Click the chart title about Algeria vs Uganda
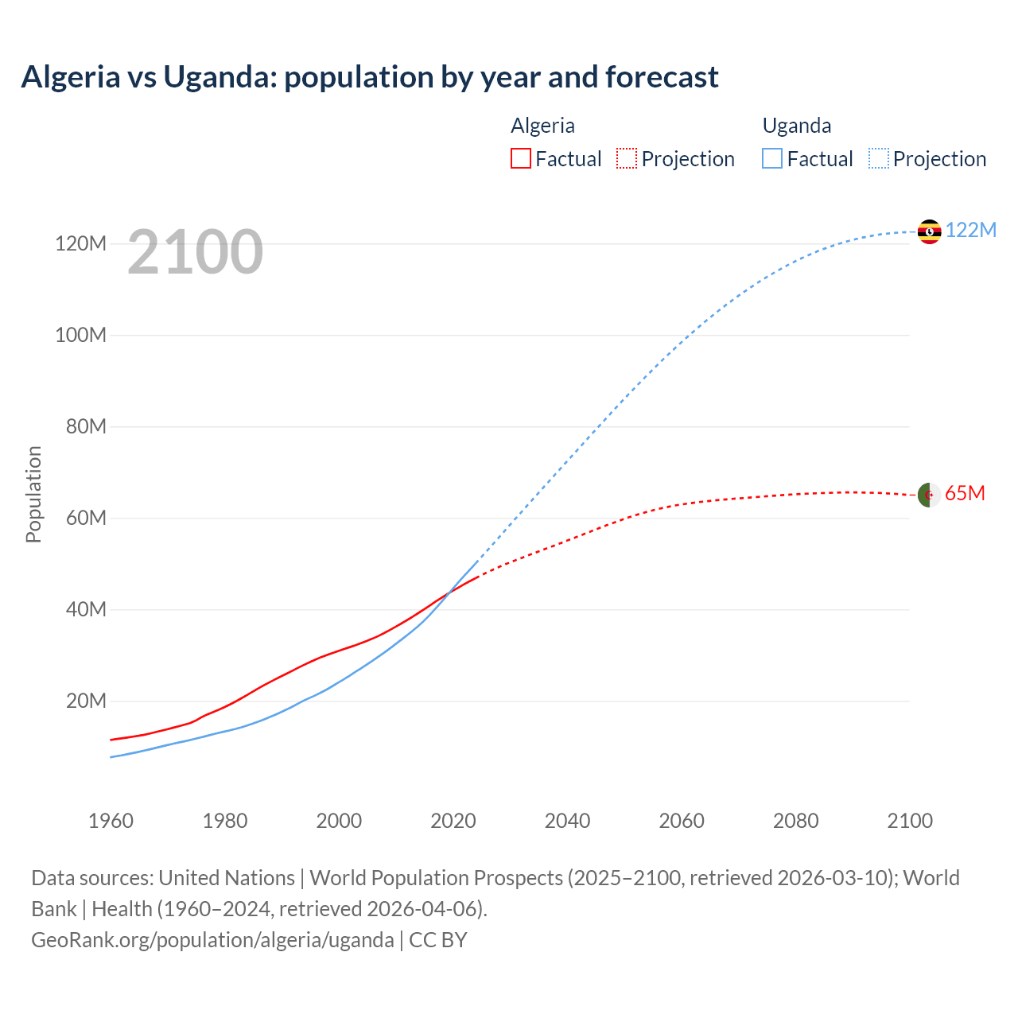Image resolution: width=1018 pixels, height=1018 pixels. pos(369,77)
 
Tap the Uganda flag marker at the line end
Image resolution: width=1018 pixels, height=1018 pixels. pos(929,231)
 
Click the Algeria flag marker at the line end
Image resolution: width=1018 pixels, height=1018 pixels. pos(929,495)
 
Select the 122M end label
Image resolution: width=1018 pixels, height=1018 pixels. pos(970,230)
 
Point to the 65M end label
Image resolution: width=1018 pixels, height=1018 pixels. pos(965,494)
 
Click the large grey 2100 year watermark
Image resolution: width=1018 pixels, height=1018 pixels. pos(195,252)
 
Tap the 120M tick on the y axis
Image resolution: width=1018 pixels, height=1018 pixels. pos(80,243)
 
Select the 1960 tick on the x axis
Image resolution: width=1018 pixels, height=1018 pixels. pos(111,821)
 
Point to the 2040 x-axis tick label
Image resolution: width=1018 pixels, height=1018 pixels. pos(567,821)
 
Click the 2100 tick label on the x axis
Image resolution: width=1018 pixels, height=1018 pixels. pos(910,821)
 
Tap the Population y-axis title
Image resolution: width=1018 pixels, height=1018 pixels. pos(33,494)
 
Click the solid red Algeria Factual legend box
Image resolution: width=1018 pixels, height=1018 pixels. pos(520,158)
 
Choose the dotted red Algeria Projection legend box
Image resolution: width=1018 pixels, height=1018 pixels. pos(627,158)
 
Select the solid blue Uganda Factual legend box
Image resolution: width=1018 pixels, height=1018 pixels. pos(771,158)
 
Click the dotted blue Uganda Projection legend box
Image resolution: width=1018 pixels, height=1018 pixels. pos(879,158)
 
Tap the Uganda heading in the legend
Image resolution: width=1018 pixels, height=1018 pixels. pos(796,126)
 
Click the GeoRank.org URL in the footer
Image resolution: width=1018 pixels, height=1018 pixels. pos(212,940)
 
